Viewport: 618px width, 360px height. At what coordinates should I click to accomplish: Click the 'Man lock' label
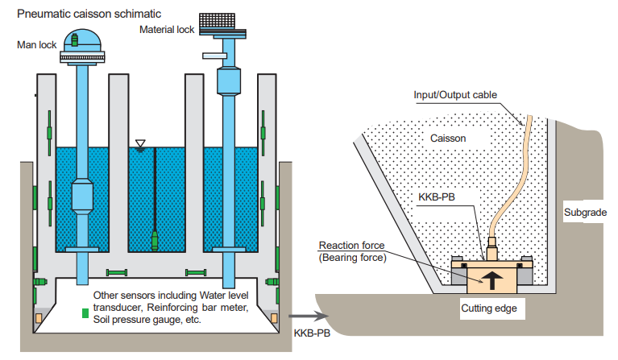tap(36, 44)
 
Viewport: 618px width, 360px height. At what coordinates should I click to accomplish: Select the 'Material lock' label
tap(167, 30)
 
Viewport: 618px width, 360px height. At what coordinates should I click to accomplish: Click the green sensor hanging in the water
tap(154, 238)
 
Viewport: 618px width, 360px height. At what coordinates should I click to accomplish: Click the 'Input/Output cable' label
tap(455, 94)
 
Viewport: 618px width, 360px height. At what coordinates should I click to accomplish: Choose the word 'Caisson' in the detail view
tap(448, 138)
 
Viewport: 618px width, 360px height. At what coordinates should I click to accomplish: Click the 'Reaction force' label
tap(352, 245)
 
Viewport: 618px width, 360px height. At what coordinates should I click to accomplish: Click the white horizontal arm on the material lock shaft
tap(212, 56)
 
